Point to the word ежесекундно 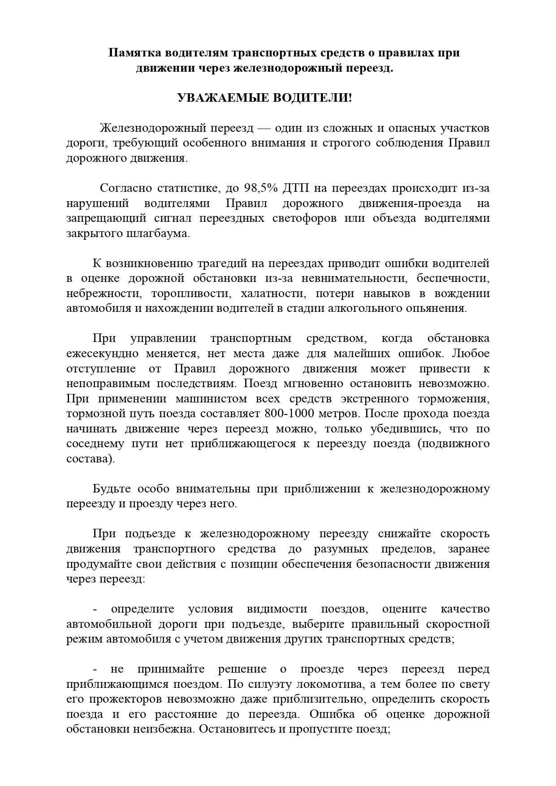102,354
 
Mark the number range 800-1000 291,414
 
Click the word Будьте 110,489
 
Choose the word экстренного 375,399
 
